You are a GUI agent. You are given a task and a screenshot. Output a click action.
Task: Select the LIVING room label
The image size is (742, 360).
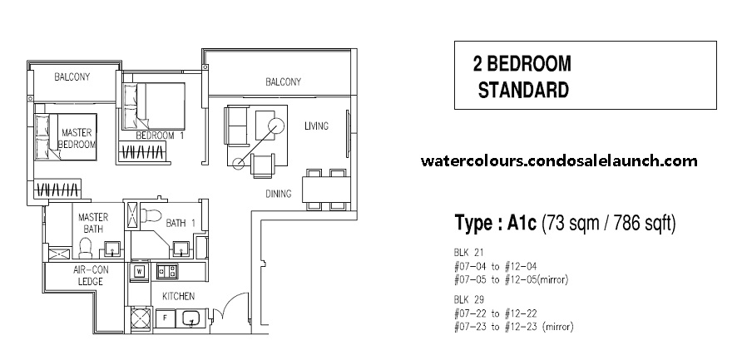(316, 126)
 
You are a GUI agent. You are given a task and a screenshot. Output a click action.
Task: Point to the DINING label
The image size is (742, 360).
(279, 194)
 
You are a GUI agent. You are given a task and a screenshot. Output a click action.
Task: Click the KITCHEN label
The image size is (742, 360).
(178, 296)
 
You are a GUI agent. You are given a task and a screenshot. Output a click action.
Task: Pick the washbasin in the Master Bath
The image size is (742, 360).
(112, 248)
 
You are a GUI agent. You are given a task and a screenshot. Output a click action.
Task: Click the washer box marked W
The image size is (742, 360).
(138, 271)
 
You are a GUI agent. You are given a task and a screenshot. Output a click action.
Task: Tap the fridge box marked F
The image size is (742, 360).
(165, 318)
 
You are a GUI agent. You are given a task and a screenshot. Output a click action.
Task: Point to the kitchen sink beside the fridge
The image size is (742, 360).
(192, 318)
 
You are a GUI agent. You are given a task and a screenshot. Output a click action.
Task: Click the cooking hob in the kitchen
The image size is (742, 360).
(166, 270)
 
